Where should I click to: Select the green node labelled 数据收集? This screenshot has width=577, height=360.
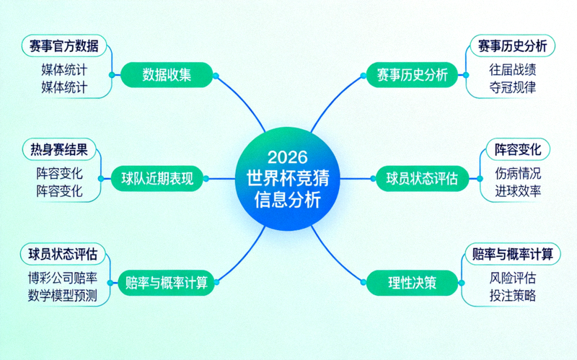click(167, 75)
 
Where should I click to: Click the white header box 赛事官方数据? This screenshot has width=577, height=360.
click(64, 46)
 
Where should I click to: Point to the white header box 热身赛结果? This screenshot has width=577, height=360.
click(59, 150)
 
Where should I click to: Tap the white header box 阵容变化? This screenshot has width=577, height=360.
click(517, 150)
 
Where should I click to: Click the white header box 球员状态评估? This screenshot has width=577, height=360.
click(64, 254)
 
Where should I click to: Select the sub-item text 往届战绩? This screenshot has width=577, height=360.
click(512, 70)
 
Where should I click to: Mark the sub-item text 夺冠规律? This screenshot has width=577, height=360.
click(512, 88)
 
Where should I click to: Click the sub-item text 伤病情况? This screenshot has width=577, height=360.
click(518, 174)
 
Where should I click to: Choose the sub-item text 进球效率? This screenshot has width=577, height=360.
click(518, 192)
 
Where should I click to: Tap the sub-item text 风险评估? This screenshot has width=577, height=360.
click(512, 278)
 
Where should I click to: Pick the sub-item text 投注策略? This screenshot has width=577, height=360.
click(512, 296)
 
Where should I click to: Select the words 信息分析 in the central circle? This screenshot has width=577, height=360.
click(288, 200)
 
